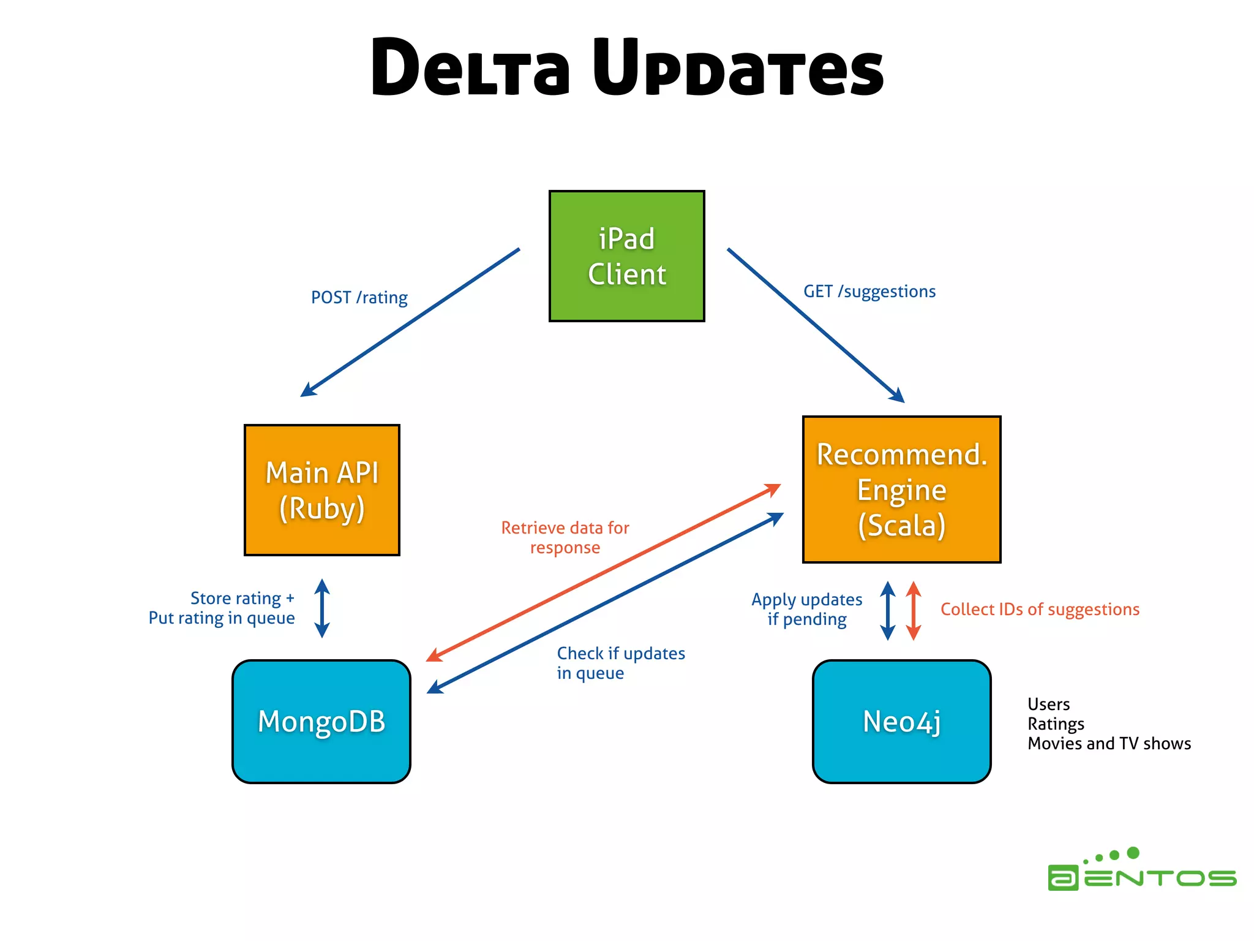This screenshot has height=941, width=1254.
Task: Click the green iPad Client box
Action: click(x=626, y=256)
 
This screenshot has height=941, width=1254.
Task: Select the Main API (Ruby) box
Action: click(x=321, y=490)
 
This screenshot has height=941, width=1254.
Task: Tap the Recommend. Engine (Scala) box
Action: click(x=901, y=489)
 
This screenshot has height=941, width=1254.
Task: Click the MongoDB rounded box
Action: click(x=321, y=721)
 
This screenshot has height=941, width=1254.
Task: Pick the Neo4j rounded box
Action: click(x=901, y=721)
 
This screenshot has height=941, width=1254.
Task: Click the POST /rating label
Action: click(x=359, y=298)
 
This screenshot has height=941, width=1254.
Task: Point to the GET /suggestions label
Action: click(x=869, y=292)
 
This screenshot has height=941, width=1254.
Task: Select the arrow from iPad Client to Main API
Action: click(x=410, y=322)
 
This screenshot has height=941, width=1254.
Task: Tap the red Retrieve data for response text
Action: click(x=565, y=537)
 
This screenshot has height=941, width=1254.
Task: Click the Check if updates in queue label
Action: click(x=620, y=663)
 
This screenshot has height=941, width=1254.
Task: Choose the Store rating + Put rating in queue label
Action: click(x=222, y=608)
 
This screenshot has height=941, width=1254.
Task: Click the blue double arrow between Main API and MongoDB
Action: click(x=322, y=608)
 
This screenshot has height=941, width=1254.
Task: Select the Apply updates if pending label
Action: click(x=806, y=609)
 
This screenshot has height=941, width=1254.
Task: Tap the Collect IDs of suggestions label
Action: click(x=1039, y=610)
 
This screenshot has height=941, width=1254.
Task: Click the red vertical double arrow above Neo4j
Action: click(x=913, y=611)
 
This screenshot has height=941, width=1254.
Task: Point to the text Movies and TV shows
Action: click(x=1109, y=744)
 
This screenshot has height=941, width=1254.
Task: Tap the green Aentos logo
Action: click(x=1141, y=870)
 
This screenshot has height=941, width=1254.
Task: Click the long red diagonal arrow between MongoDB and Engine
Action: click(x=603, y=572)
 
